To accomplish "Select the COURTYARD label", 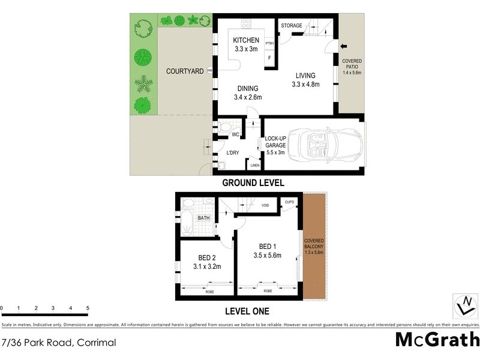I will [185, 71].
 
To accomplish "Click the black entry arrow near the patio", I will [344, 46].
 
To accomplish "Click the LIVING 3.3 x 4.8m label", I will [306, 80].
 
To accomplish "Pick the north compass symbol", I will [464, 305].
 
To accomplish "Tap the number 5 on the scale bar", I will [88, 309].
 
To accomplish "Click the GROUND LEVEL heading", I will [253, 183].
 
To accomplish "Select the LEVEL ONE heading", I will [247, 311].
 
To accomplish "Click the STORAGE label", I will [292, 25].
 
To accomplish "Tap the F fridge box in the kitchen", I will [269, 58].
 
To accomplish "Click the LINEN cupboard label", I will [255, 166].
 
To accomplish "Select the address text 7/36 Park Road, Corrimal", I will [58, 344].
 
